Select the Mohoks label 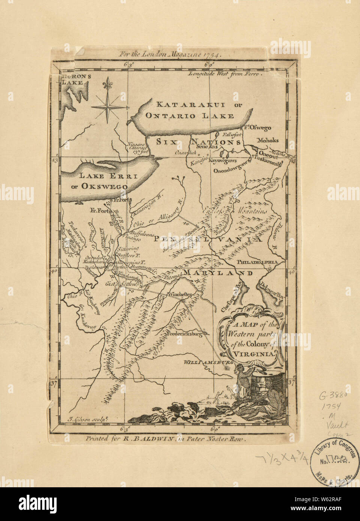[267, 140]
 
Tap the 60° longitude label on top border [209, 64]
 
